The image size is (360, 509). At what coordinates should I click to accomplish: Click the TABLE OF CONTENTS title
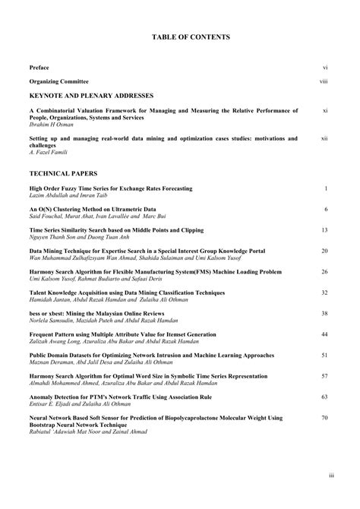180,36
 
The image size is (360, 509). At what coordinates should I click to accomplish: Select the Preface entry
39,68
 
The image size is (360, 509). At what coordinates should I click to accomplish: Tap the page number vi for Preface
324,68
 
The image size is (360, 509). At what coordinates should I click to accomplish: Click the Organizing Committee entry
58,81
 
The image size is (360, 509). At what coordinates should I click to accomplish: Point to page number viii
324,81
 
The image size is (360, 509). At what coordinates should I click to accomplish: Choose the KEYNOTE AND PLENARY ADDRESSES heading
91,96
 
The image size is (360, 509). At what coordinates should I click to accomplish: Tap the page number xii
324,138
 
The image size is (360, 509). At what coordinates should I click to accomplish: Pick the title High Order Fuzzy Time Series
111,188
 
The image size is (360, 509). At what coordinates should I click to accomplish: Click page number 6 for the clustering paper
325,209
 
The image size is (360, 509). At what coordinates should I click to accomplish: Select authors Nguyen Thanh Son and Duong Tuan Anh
77,237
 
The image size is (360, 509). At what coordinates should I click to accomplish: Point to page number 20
324,251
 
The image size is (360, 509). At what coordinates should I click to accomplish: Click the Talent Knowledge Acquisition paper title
122,292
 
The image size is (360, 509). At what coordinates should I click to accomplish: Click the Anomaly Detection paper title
120,397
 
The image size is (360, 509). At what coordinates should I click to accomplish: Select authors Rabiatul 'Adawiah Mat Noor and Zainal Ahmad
88,432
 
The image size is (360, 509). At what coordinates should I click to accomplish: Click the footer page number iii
331,475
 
